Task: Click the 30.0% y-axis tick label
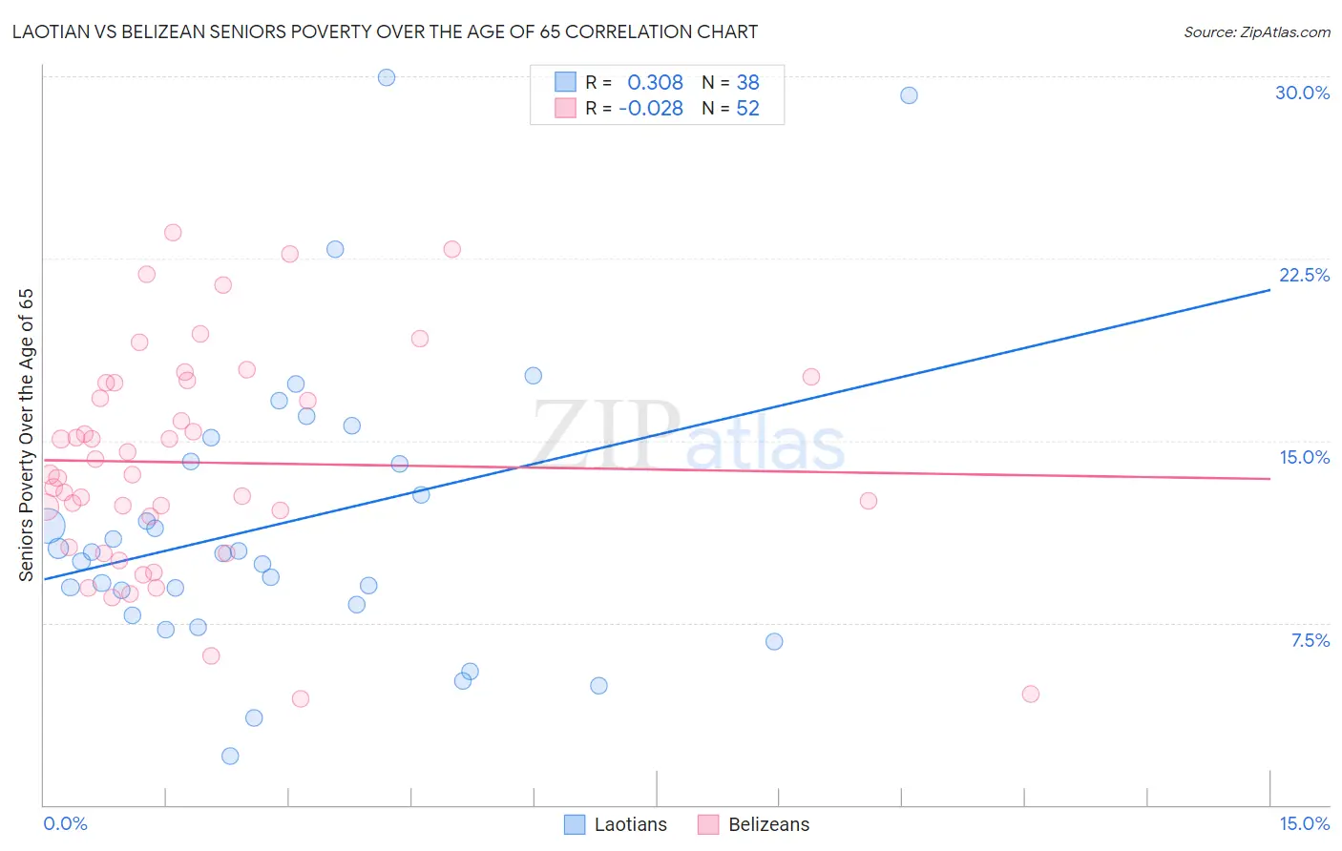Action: pyautogui.click(x=1302, y=93)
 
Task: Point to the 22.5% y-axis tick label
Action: pyautogui.click(x=1304, y=275)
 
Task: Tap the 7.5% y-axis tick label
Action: pyautogui.click(x=1310, y=640)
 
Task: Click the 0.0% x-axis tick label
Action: pyautogui.click(x=65, y=823)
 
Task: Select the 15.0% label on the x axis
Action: pyautogui.click(x=1304, y=823)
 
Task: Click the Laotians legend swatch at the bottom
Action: pyautogui.click(x=575, y=824)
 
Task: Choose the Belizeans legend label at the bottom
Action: pyautogui.click(x=768, y=824)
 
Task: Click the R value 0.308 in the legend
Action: pyautogui.click(x=655, y=83)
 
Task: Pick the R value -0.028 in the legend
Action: pyautogui.click(x=651, y=109)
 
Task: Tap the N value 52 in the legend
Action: pyautogui.click(x=747, y=109)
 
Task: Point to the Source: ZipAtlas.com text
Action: pyautogui.click(x=1256, y=32)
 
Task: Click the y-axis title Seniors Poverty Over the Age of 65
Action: pyautogui.click(x=26, y=435)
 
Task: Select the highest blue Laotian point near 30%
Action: pyautogui.click(x=387, y=77)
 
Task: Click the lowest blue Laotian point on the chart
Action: pyautogui.click(x=230, y=756)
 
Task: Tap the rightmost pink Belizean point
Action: pyautogui.click(x=1030, y=694)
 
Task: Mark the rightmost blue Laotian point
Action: pyautogui.click(x=909, y=95)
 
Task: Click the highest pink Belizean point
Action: pyautogui.click(x=173, y=233)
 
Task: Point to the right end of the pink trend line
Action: pyautogui.click(x=1269, y=478)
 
